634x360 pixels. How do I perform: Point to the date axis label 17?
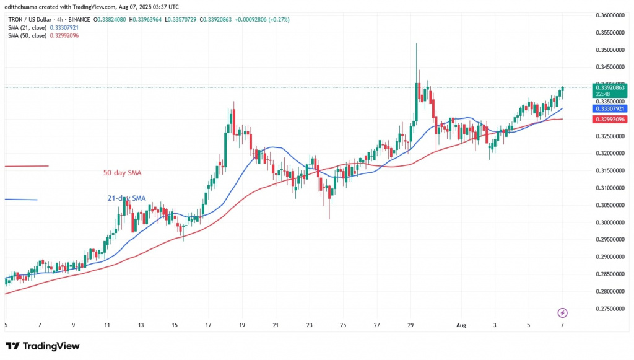(x=209, y=325)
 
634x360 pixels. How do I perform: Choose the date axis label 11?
(x=106, y=325)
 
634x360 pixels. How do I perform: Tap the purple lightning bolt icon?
(x=563, y=313)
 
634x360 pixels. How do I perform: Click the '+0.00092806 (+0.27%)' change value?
(x=267, y=19)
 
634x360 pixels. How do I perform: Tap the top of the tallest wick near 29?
(x=417, y=43)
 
